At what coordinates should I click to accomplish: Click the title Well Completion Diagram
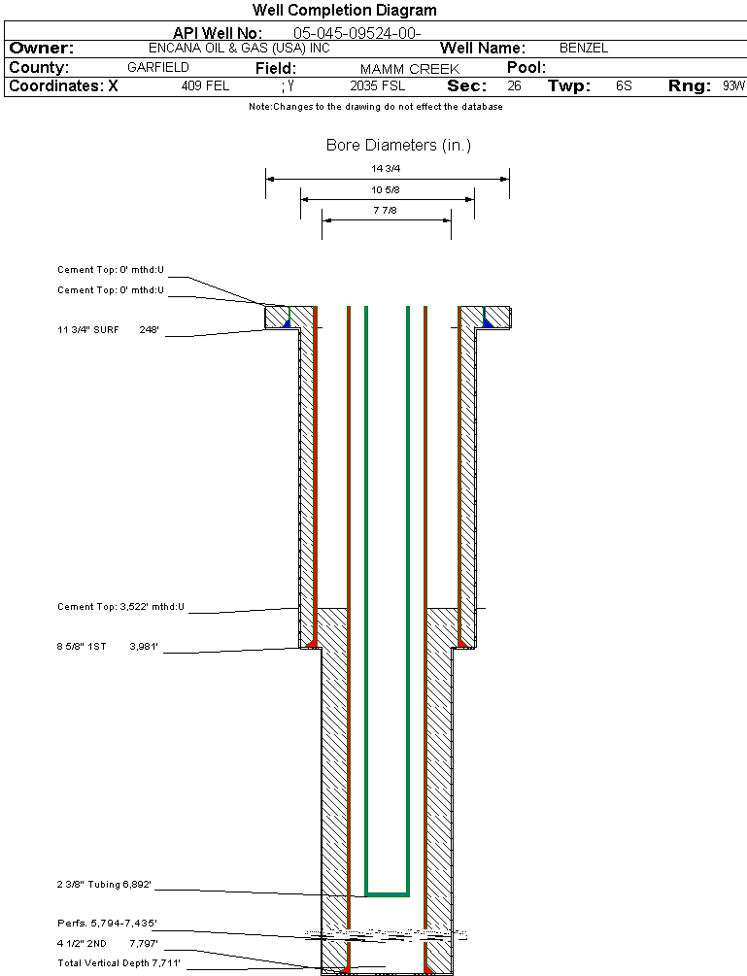(x=344, y=11)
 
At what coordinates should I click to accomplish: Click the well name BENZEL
(x=584, y=48)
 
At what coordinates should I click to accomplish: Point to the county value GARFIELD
(x=158, y=68)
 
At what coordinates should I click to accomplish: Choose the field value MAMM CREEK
(x=409, y=69)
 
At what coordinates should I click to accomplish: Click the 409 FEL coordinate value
(x=205, y=86)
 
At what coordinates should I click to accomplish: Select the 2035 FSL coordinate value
(x=371, y=86)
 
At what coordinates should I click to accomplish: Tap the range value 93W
(x=733, y=86)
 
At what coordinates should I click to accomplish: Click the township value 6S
(x=624, y=86)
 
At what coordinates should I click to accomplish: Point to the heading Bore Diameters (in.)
(x=398, y=146)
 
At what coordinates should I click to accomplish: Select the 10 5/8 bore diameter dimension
(x=386, y=189)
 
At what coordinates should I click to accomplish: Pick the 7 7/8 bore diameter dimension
(x=386, y=211)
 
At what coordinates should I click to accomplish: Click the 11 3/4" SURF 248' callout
(x=107, y=330)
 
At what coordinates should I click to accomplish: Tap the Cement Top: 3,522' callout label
(x=120, y=607)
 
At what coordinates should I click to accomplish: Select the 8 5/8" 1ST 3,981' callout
(x=107, y=645)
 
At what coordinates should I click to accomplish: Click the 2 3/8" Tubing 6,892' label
(x=104, y=885)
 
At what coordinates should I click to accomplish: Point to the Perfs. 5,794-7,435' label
(x=107, y=923)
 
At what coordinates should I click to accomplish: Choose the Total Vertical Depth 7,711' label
(x=119, y=962)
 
